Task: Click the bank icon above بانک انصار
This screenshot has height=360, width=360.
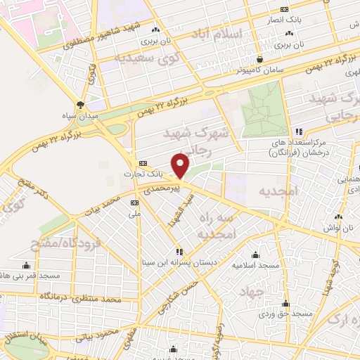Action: pos(283,9)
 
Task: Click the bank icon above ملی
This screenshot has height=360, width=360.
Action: pos(134,201)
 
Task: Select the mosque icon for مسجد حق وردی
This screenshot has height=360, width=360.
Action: pos(285,304)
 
